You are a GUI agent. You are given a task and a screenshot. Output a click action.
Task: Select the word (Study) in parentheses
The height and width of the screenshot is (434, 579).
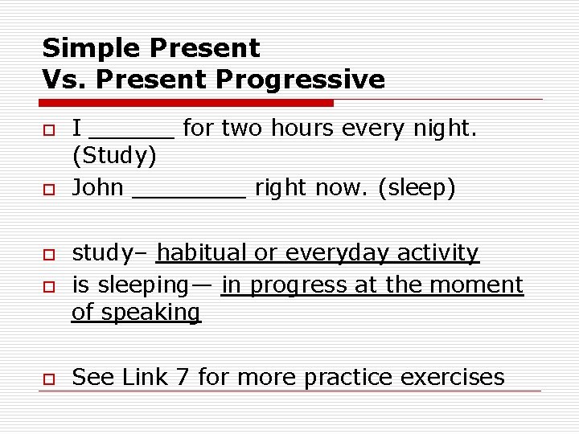coord(114,155)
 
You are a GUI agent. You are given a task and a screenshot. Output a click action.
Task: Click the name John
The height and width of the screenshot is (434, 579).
coord(97,188)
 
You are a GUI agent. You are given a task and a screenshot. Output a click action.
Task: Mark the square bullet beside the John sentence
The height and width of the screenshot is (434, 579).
coord(48,190)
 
